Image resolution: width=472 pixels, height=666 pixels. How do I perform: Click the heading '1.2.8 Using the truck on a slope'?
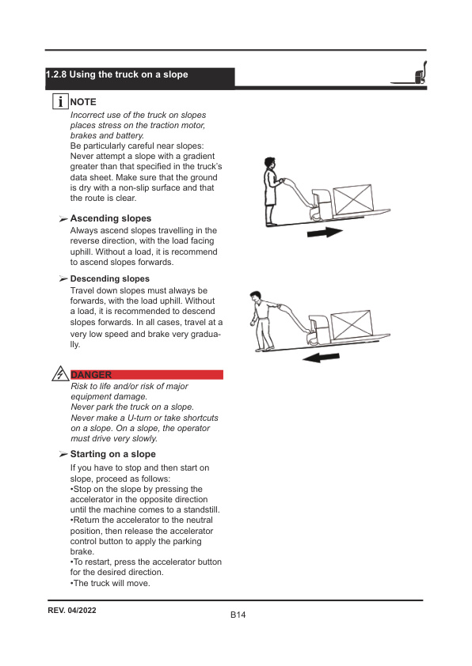click(x=117, y=75)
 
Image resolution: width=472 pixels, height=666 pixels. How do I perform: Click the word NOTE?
click(x=83, y=102)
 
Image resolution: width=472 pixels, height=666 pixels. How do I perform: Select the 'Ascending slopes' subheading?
click(x=111, y=218)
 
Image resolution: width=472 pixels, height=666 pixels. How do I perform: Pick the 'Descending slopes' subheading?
click(x=109, y=279)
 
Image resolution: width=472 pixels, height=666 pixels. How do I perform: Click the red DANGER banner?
click(x=147, y=374)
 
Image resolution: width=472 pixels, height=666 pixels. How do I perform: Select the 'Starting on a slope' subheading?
click(x=113, y=454)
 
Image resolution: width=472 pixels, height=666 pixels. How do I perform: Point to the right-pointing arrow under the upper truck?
click(x=323, y=233)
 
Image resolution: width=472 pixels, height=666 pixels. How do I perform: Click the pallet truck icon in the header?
click(x=411, y=74)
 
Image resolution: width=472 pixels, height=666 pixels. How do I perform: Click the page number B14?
click(x=238, y=615)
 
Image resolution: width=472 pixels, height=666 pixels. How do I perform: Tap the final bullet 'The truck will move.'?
click(x=111, y=583)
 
